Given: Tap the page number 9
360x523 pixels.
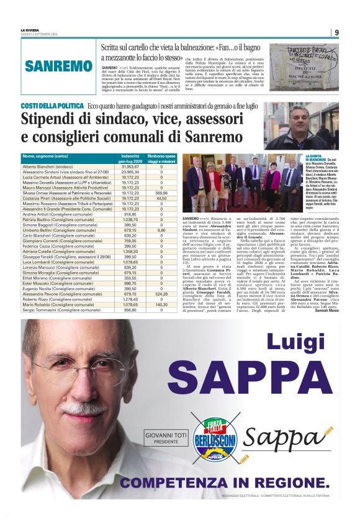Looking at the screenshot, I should (x=336, y=33).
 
